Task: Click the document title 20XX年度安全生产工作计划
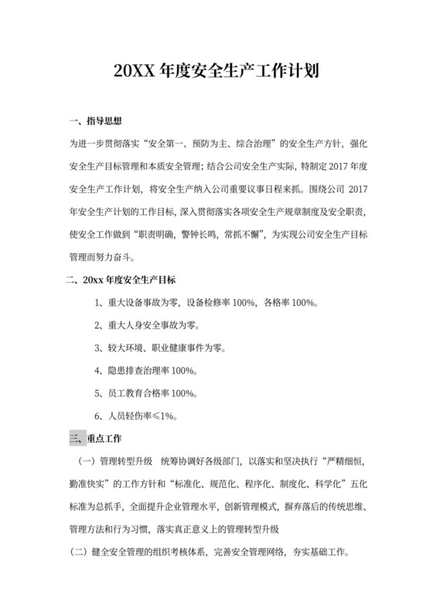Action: click(x=216, y=73)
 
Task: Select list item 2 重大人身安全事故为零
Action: click(x=152, y=325)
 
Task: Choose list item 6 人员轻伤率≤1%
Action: click(x=136, y=416)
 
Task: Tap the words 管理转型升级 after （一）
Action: click(x=124, y=462)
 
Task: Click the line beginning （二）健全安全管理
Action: click(x=210, y=552)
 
